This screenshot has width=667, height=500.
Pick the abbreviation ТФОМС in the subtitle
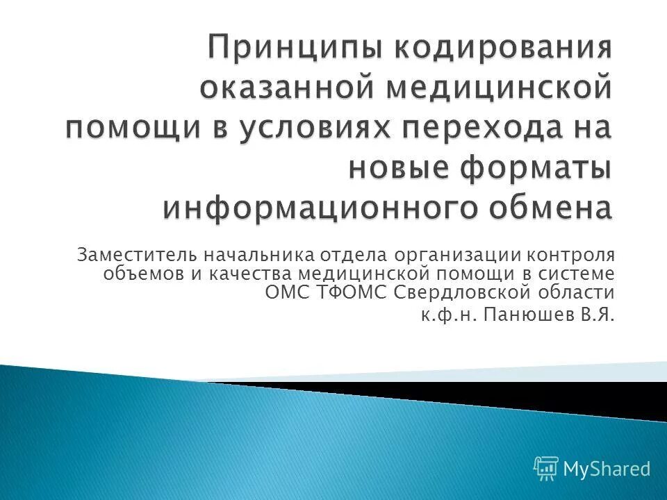click(352, 292)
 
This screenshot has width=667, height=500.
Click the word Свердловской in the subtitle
click(465, 292)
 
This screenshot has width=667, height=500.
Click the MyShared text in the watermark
click(607, 469)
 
